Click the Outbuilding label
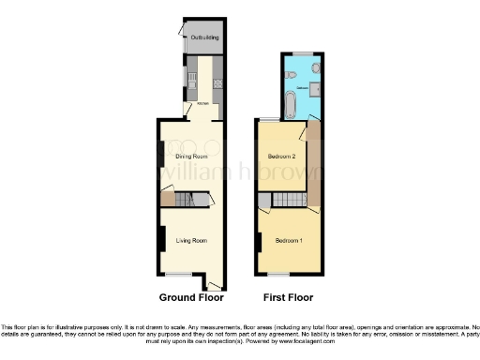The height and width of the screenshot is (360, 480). (204, 37)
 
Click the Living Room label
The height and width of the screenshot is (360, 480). (191, 241)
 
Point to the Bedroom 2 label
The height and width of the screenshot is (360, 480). (282, 156)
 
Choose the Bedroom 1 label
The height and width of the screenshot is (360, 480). (289, 241)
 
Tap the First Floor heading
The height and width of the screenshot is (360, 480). (287, 297)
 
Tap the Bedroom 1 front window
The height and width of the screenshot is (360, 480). (278, 276)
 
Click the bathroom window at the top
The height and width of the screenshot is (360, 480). (304, 52)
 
